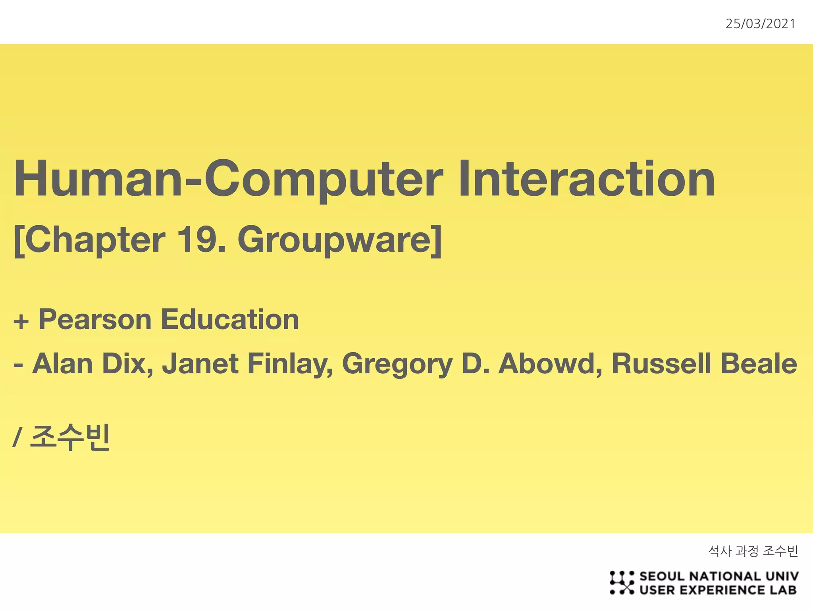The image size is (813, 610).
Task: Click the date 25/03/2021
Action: pos(760,24)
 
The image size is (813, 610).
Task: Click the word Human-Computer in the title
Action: pos(228,179)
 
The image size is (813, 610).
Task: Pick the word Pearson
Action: pos(95,320)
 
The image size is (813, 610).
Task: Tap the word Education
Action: pos(230,320)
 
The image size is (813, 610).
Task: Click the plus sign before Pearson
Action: pos(21,321)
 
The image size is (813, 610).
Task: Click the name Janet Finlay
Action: pos(247,364)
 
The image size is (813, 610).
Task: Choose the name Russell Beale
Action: pos(704,364)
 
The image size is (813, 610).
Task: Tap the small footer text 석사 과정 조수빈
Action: pos(753,551)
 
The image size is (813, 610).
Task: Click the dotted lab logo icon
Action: pos(621,583)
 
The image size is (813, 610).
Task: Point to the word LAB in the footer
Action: pos(783,590)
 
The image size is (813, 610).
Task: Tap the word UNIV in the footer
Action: pos(782,576)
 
